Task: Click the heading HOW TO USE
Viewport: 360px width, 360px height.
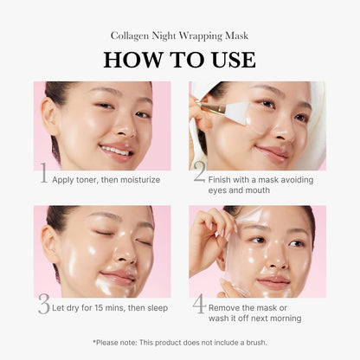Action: [179, 60]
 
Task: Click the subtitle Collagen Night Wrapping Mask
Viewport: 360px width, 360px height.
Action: [179, 35]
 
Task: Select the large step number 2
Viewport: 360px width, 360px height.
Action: [199, 173]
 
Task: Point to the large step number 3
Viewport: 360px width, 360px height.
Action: [43, 304]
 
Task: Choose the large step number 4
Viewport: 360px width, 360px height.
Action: [199, 304]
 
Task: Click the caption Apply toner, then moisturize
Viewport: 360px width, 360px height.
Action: [106, 179]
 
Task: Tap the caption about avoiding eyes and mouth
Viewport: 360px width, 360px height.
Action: [255, 183]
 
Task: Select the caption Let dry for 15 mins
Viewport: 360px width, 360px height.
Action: [109, 308]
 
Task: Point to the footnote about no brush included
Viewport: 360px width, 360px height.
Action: [179, 343]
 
